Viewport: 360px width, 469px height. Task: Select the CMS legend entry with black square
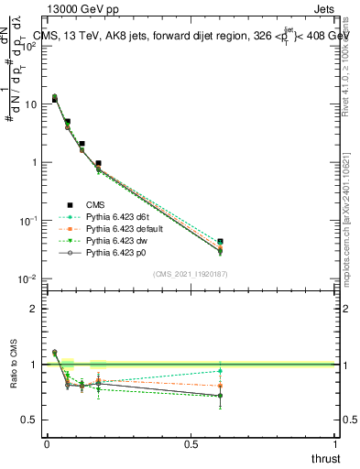[97, 204]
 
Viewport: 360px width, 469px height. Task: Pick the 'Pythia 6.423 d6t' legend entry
[120, 216]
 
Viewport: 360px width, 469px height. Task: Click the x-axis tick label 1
[335, 443]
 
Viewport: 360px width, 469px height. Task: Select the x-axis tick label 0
[47, 443]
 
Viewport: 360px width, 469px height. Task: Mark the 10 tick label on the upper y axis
[30, 104]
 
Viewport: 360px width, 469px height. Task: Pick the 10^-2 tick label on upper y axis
[27, 278]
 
